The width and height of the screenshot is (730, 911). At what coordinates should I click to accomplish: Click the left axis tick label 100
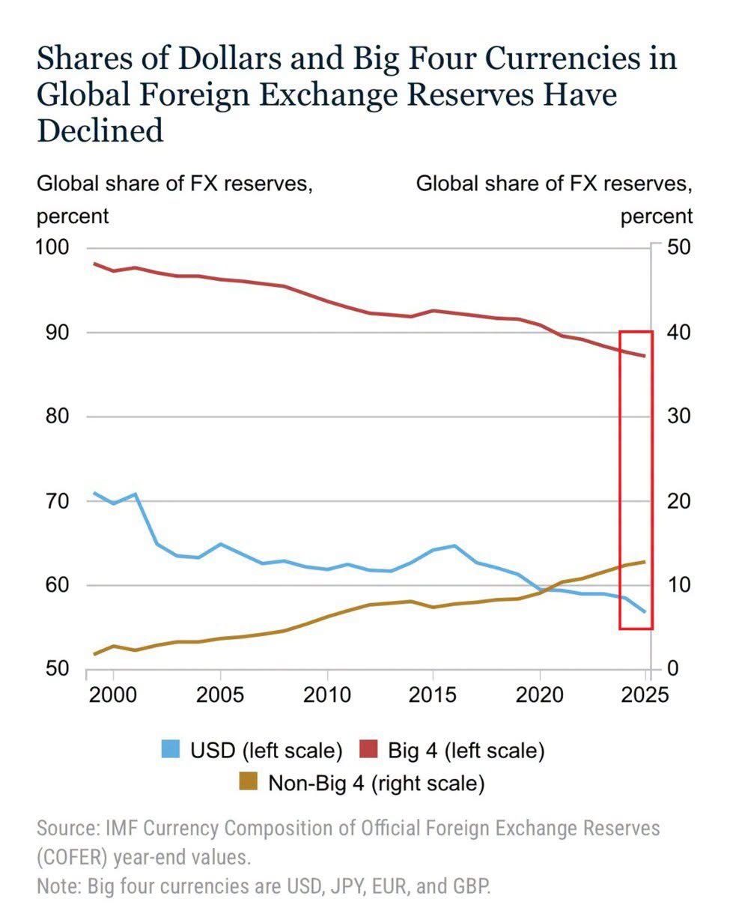tap(52, 247)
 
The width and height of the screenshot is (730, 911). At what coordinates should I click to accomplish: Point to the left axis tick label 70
tap(57, 501)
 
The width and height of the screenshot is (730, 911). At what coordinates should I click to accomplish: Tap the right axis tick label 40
tap(678, 333)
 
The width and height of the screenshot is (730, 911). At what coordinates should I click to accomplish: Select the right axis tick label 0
tap(673, 668)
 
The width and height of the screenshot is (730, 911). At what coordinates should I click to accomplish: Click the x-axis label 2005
tap(220, 695)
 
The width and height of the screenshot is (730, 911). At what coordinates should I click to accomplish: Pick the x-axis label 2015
tap(433, 695)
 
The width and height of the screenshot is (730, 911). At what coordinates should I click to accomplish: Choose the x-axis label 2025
tap(645, 695)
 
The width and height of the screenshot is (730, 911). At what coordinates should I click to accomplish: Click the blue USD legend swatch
tap(171, 749)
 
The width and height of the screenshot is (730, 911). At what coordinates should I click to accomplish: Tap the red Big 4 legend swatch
tap(368, 749)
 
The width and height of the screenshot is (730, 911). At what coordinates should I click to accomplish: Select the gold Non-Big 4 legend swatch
tap(249, 781)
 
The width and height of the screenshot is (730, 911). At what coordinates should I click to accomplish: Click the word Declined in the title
tap(100, 130)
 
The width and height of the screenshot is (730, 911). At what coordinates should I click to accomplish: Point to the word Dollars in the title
tap(230, 58)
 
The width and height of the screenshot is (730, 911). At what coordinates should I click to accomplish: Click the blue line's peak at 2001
tap(135, 494)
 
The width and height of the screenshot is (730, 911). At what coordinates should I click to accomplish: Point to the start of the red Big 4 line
tap(94, 263)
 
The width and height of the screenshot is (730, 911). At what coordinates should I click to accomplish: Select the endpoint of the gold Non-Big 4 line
tap(645, 562)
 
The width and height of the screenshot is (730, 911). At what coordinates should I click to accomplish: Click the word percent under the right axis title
tap(657, 217)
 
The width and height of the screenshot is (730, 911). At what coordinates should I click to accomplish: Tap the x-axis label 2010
tap(327, 695)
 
